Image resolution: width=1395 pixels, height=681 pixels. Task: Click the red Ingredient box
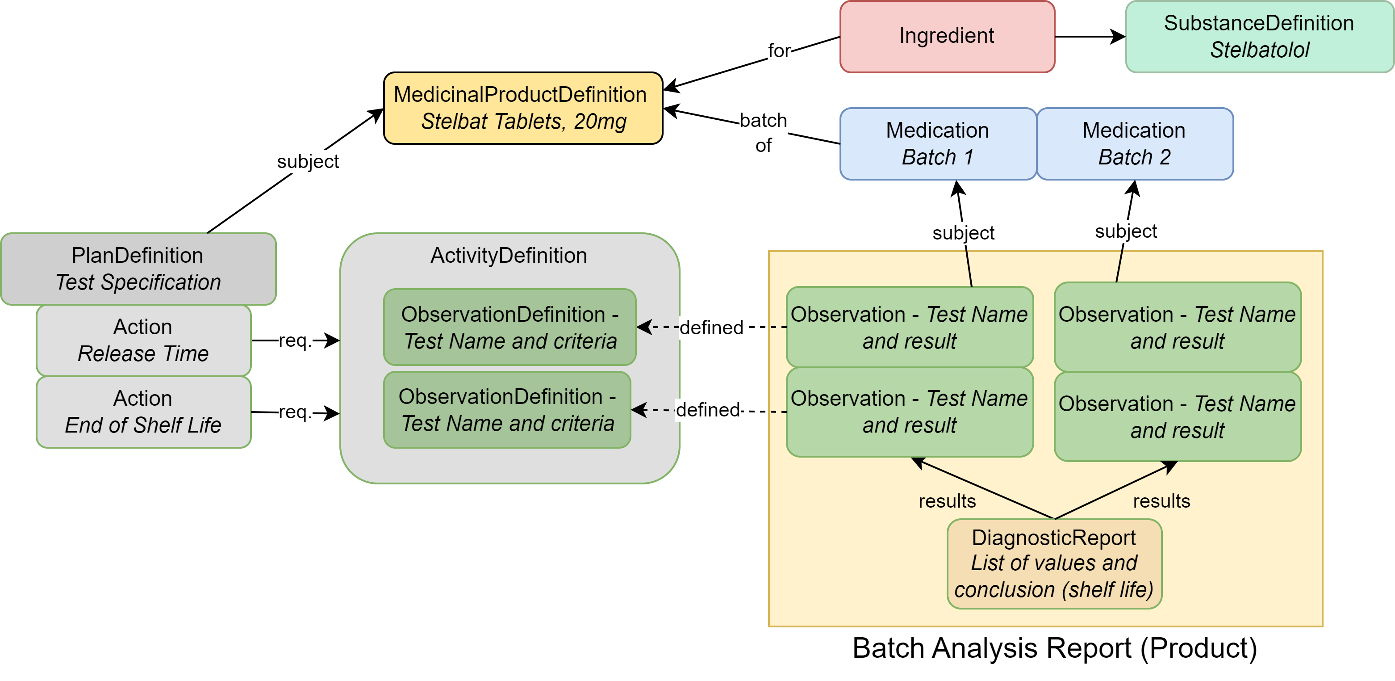[x=947, y=36]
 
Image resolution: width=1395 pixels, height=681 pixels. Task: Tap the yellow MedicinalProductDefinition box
[x=522, y=108]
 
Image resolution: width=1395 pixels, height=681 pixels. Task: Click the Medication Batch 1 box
[x=937, y=143]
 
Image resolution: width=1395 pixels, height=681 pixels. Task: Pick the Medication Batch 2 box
[x=1135, y=143]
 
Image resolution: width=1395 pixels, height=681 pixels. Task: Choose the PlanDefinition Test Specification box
[x=138, y=269]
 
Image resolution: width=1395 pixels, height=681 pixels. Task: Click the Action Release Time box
[x=143, y=340]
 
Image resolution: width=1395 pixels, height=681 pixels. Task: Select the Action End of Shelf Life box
[x=143, y=412]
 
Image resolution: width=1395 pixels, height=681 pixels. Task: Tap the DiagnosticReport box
[x=1054, y=563]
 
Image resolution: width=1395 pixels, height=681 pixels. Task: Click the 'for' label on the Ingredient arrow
[x=779, y=51]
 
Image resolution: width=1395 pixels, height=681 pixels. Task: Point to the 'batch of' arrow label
[x=763, y=132]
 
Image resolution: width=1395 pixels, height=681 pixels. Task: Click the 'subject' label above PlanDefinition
[x=308, y=161]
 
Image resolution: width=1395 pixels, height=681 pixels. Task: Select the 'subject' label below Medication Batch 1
[x=963, y=233]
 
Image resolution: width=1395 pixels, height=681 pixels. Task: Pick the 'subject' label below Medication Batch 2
[x=1125, y=231]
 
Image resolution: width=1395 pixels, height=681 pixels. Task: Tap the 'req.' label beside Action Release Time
[x=294, y=341]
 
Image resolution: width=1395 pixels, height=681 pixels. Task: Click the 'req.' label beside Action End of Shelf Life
[x=294, y=412]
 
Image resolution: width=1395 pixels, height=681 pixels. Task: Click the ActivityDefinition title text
[x=509, y=255]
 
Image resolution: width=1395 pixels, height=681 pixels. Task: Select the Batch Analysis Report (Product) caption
[x=1054, y=648]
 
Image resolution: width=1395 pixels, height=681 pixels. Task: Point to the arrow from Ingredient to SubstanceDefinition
[x=1090, y=37]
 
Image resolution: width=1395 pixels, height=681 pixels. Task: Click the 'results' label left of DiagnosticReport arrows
[x=947, y=501]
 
